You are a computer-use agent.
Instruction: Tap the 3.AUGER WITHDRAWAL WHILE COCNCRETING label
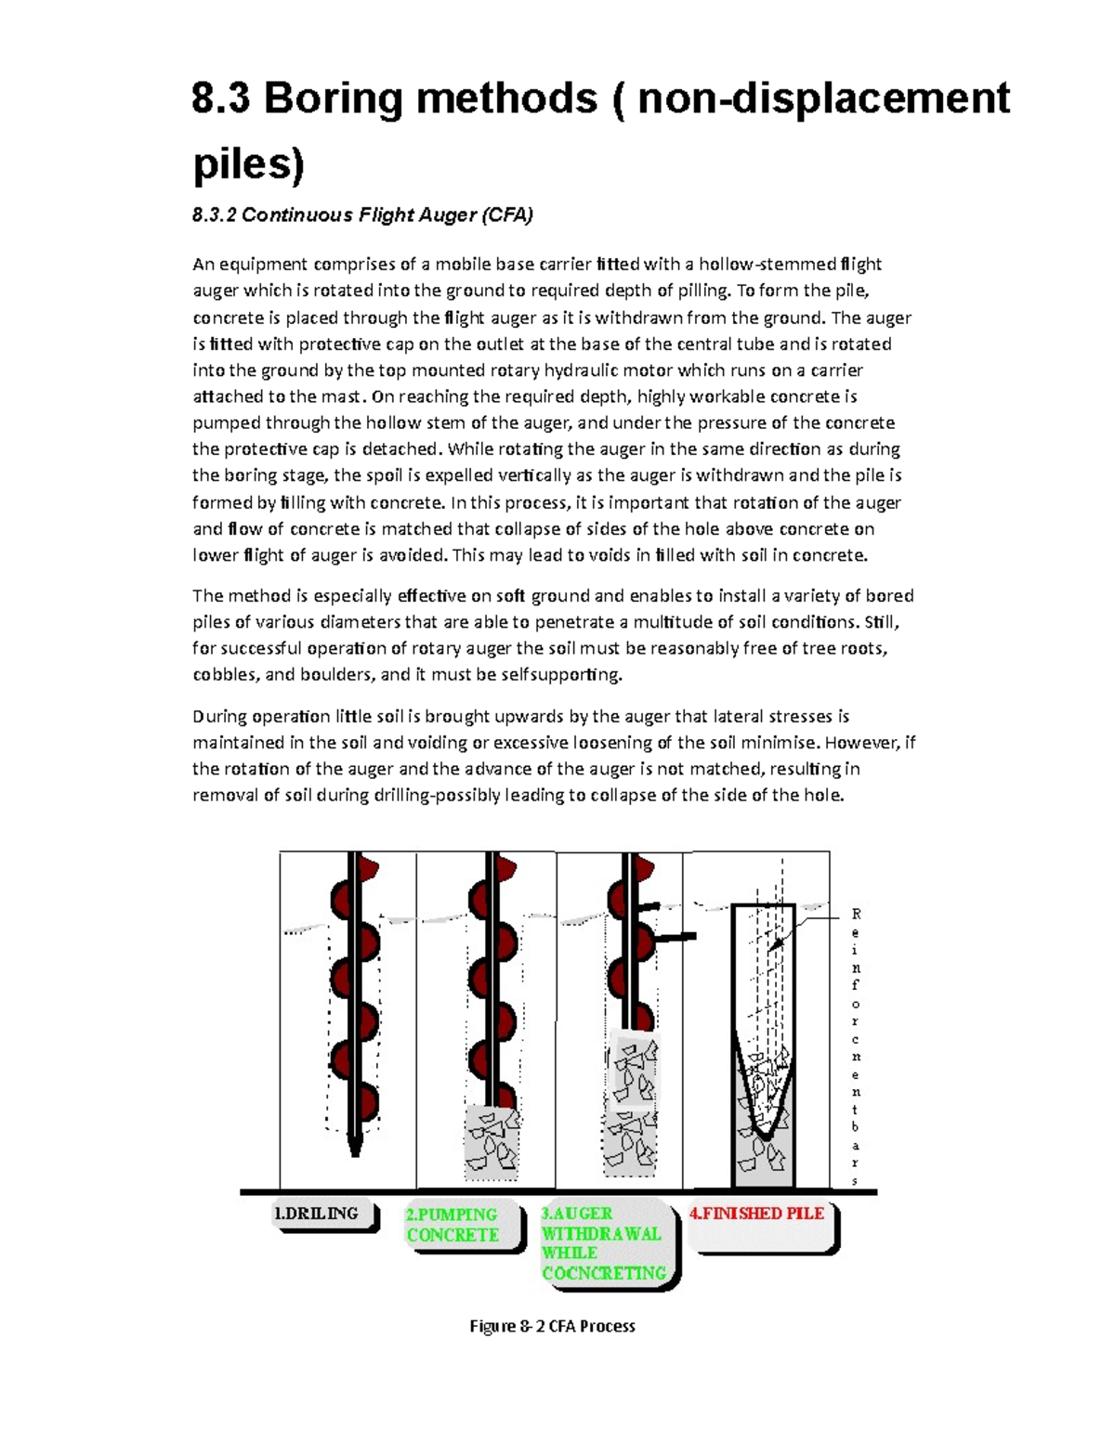point(605,1243)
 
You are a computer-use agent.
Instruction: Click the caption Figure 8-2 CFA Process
point(552,1326)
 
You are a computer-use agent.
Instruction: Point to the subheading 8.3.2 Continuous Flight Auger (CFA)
point(362,215)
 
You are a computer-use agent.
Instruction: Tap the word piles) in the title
point(247,163)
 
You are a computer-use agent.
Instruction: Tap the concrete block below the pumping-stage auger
point(492,1142)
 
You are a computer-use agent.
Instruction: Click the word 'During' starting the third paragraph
point(220,717)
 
